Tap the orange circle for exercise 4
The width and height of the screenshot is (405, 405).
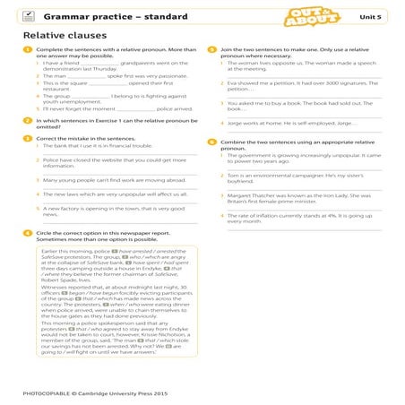28,232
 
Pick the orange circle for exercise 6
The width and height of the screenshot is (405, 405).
211,141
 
